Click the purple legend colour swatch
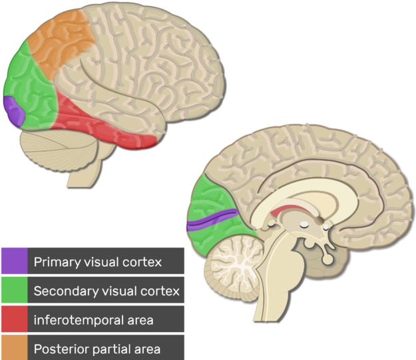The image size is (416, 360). [x=15, y=261]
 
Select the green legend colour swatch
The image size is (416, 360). [x=15, y=289]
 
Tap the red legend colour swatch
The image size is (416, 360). [x=15, y=319]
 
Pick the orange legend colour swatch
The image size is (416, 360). [x=15, y=347]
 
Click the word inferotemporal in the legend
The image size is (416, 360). [x=79, y=321]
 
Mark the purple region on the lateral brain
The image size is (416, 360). [x=14, y=111]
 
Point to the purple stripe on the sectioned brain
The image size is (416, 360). [x=212, y=220]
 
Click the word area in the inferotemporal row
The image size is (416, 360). [x=140, y=321]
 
